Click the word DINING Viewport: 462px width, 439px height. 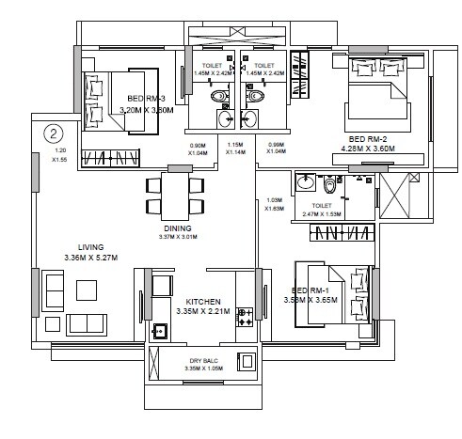point(177,228)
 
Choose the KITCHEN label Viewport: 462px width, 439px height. point(202,302)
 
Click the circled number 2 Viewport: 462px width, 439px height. point(56,133)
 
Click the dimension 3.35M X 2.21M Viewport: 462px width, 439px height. point(202,312)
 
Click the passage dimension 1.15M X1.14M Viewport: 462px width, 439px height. point(236,149)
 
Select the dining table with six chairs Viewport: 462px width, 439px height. point(177,194)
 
